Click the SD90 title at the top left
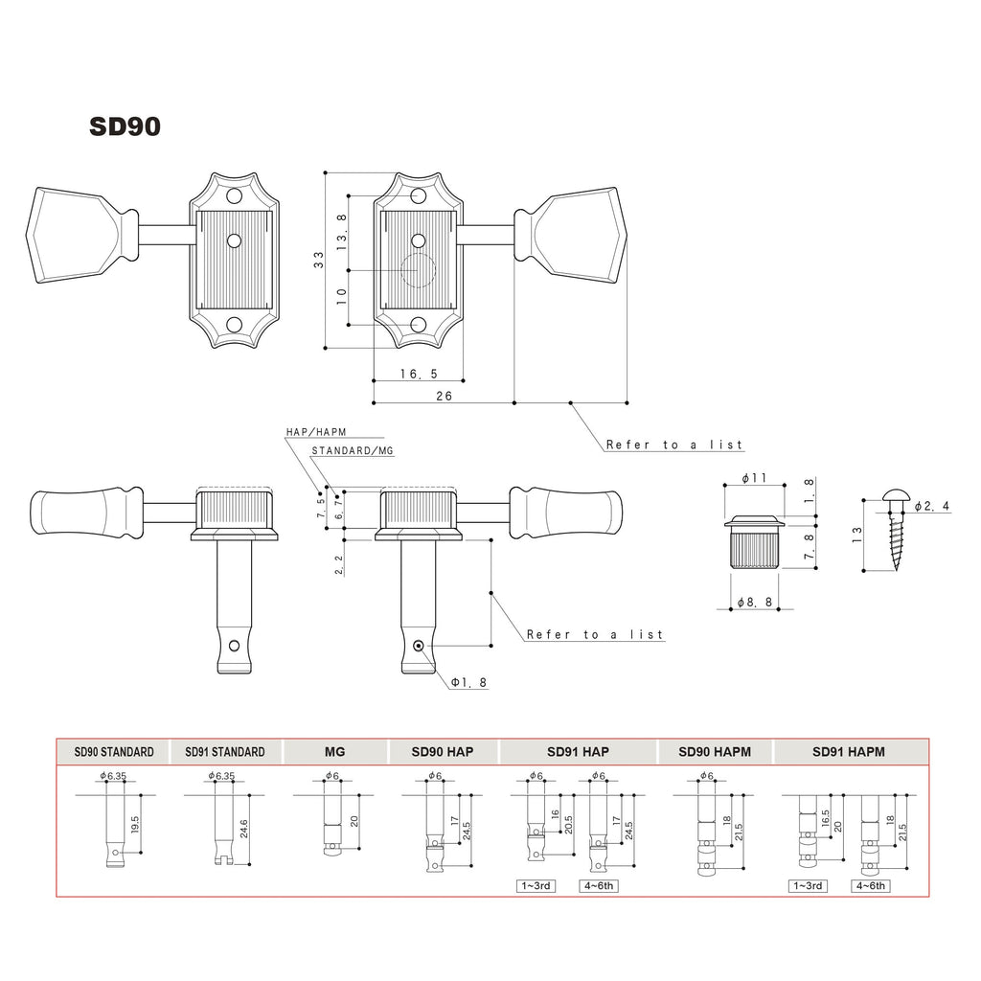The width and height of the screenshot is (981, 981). point(125,126)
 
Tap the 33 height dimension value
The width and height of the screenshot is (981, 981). point(319,260)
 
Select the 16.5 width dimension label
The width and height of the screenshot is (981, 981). point(420,374)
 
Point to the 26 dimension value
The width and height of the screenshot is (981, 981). point(445,396)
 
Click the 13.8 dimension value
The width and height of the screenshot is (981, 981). point(342,233)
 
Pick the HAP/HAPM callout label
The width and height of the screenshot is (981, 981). point(316,432)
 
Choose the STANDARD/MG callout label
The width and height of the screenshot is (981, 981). point(353,450)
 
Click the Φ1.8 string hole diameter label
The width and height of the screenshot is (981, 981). point(469,682)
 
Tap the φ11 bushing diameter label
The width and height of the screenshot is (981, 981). point(755,479)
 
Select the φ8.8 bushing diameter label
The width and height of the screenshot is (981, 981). point(755,602)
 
